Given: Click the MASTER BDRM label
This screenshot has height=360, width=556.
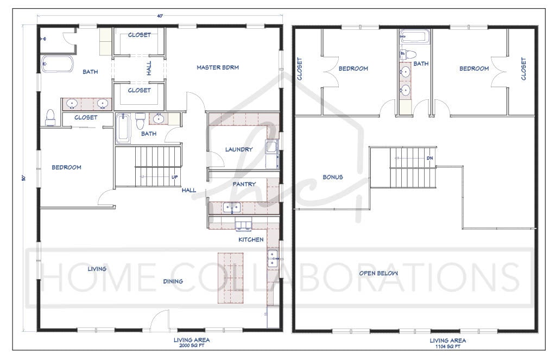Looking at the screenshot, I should [x=218, y=67].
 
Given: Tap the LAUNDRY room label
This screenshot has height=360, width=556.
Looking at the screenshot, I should [x=239, y=149].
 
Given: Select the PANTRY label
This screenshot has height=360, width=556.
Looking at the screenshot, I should [x=244, y=184].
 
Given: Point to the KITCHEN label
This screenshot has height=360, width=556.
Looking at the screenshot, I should [x=251, y=239].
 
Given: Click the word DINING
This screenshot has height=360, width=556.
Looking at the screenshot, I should [x=173, y=281].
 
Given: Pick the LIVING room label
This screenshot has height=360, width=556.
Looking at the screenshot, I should [x=97, y=269].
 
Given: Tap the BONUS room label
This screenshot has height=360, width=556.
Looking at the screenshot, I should [x=333, y=177].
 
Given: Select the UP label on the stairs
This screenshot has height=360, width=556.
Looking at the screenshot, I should [x=175, y=177].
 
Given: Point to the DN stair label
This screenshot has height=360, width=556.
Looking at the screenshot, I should [x=430, y=158].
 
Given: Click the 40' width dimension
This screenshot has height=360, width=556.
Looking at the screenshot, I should [x=160, y=16].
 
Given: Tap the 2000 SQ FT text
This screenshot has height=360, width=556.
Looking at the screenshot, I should [x=192, y=346].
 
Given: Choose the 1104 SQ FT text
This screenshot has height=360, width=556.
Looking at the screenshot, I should [x=448, y=346].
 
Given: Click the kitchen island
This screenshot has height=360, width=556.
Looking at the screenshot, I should [x=230, y=277].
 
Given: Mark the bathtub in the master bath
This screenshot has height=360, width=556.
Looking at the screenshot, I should [x=58, y=64].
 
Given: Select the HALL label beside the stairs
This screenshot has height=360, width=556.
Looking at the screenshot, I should [x=189, y=190].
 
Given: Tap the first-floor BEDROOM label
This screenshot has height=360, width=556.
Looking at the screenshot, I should [x=66, y=167].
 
